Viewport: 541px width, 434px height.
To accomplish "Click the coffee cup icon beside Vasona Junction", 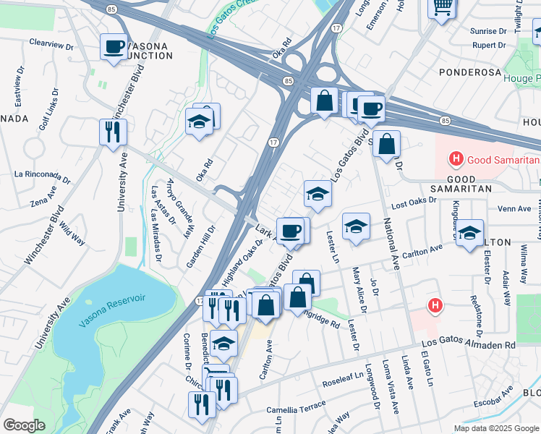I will tap(114, 48).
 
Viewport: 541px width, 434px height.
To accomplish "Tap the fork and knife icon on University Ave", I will tap(113, 132).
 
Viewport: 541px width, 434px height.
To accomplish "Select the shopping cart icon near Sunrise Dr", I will tap(441, 8).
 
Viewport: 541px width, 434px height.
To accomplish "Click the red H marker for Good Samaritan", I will tap(456, 158).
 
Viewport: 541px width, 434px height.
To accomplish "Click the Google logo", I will tap(25, 425).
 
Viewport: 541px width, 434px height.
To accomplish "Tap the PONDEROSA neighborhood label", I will tap(472, 73).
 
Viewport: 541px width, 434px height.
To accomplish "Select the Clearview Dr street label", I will tap(52, 43).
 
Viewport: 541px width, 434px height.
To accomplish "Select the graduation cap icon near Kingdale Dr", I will tap(469, 234).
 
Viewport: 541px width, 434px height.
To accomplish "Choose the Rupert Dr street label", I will tap(488, 45).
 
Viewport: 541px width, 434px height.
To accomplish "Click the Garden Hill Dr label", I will tap(201, 247).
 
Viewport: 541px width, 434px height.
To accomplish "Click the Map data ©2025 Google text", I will tap(496, 428).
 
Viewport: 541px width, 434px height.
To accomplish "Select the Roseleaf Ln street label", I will tap(341, 382).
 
